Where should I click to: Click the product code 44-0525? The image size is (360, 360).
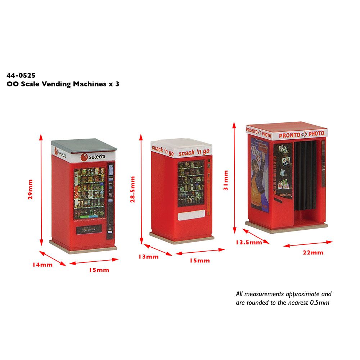click(21, 76)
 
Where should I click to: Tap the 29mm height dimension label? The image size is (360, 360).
click(30, 189)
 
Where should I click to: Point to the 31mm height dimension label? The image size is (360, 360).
click(226, 180)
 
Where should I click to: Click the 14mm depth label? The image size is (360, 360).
click(42, 265)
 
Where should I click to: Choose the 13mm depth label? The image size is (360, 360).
click(148, 257)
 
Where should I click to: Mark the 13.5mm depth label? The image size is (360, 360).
click(249, 242)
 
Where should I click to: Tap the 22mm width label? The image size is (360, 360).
click(313, 252)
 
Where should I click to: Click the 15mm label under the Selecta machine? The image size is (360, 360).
click(99, 270)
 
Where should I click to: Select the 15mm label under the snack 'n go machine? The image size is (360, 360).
click(199, 260)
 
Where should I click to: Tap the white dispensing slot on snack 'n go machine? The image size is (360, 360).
click(191, 216)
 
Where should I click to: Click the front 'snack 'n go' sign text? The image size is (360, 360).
click(194, 153)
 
